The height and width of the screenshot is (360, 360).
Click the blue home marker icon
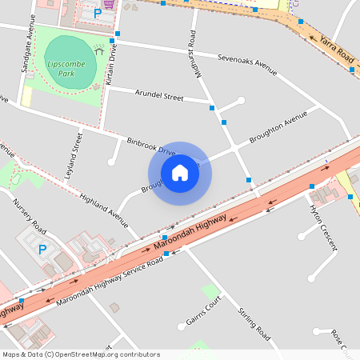click(180, 173)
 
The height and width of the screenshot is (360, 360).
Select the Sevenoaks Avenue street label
click(248, 65)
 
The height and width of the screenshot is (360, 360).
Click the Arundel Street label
click(160, 96)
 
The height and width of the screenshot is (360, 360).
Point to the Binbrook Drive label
click(150, 146)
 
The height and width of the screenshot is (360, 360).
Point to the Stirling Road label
click(254, 318)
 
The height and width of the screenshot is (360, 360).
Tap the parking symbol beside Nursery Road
click(42, 250)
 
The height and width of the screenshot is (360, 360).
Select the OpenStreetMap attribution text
click(82, 354)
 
